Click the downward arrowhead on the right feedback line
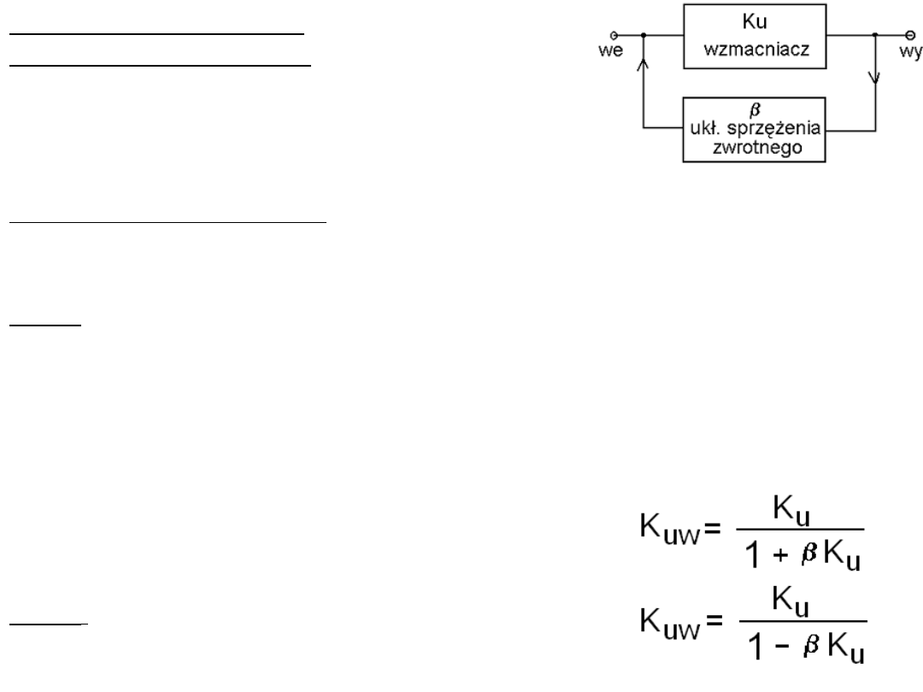[874, 79]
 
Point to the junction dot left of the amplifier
[642, 36]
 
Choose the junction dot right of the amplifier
[874, 36]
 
